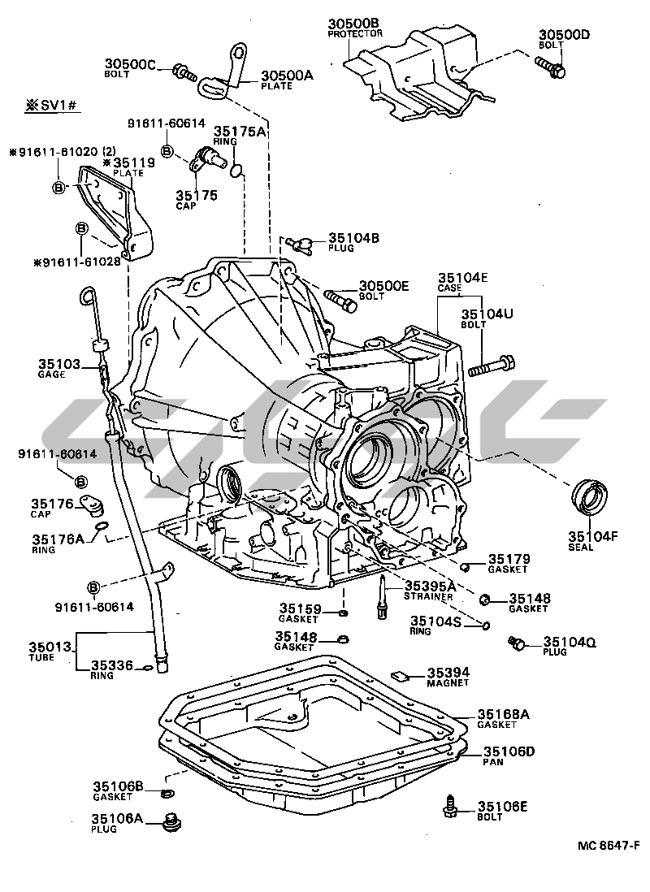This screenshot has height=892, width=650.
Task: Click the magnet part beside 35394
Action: [x=398, y=673]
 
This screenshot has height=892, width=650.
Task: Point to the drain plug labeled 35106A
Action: [x=171, y=822]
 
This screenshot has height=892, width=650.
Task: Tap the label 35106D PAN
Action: [x=509, y=756]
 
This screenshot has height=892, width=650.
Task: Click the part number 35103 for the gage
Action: [x=58, y=365]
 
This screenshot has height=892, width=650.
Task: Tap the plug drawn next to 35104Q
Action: [x=514, y=644]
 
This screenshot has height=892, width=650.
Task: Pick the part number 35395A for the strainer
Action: [x=430, y=586]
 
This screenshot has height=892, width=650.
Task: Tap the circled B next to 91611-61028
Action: [x=82, y=230]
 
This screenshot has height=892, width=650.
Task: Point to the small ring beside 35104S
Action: [x=485, y=625]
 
